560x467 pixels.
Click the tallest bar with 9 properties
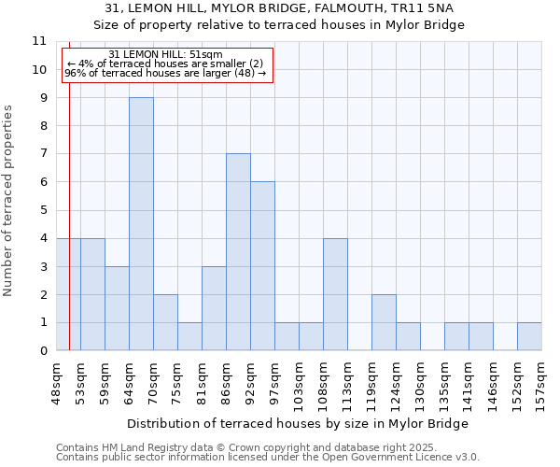pyautogui.click(x=141, y=224)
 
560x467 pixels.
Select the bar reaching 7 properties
pyautogui.click(x=238, y=252)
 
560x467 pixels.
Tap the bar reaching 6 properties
pyautogui.click(x=262, y=266)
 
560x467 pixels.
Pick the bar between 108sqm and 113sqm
pyautogui.click(x=335, y=294)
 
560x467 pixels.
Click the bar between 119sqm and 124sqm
pyautogui.click(x=384, y=322)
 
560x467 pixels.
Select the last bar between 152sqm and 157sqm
pyautogui.click(x=529, y=336)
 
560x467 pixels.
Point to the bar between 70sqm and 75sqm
pyautogui.click(x=165, y=322)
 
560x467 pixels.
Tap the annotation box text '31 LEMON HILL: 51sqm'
pyautogui.click(x=165, y=55)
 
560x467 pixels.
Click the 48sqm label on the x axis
pyautogui.click(x=56, y=377)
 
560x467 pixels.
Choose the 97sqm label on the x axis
pyautogui.click(x=274, y=377)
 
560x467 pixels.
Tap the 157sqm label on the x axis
pyautogui.click(x=541, y=379)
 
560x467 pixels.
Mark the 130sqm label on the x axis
pyautogui.click(x=420, y=379)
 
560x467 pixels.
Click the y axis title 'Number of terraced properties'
pyautogui.click(x=8, y=200)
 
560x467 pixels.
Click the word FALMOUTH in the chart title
pyautogui.click(x=327, y=7)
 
